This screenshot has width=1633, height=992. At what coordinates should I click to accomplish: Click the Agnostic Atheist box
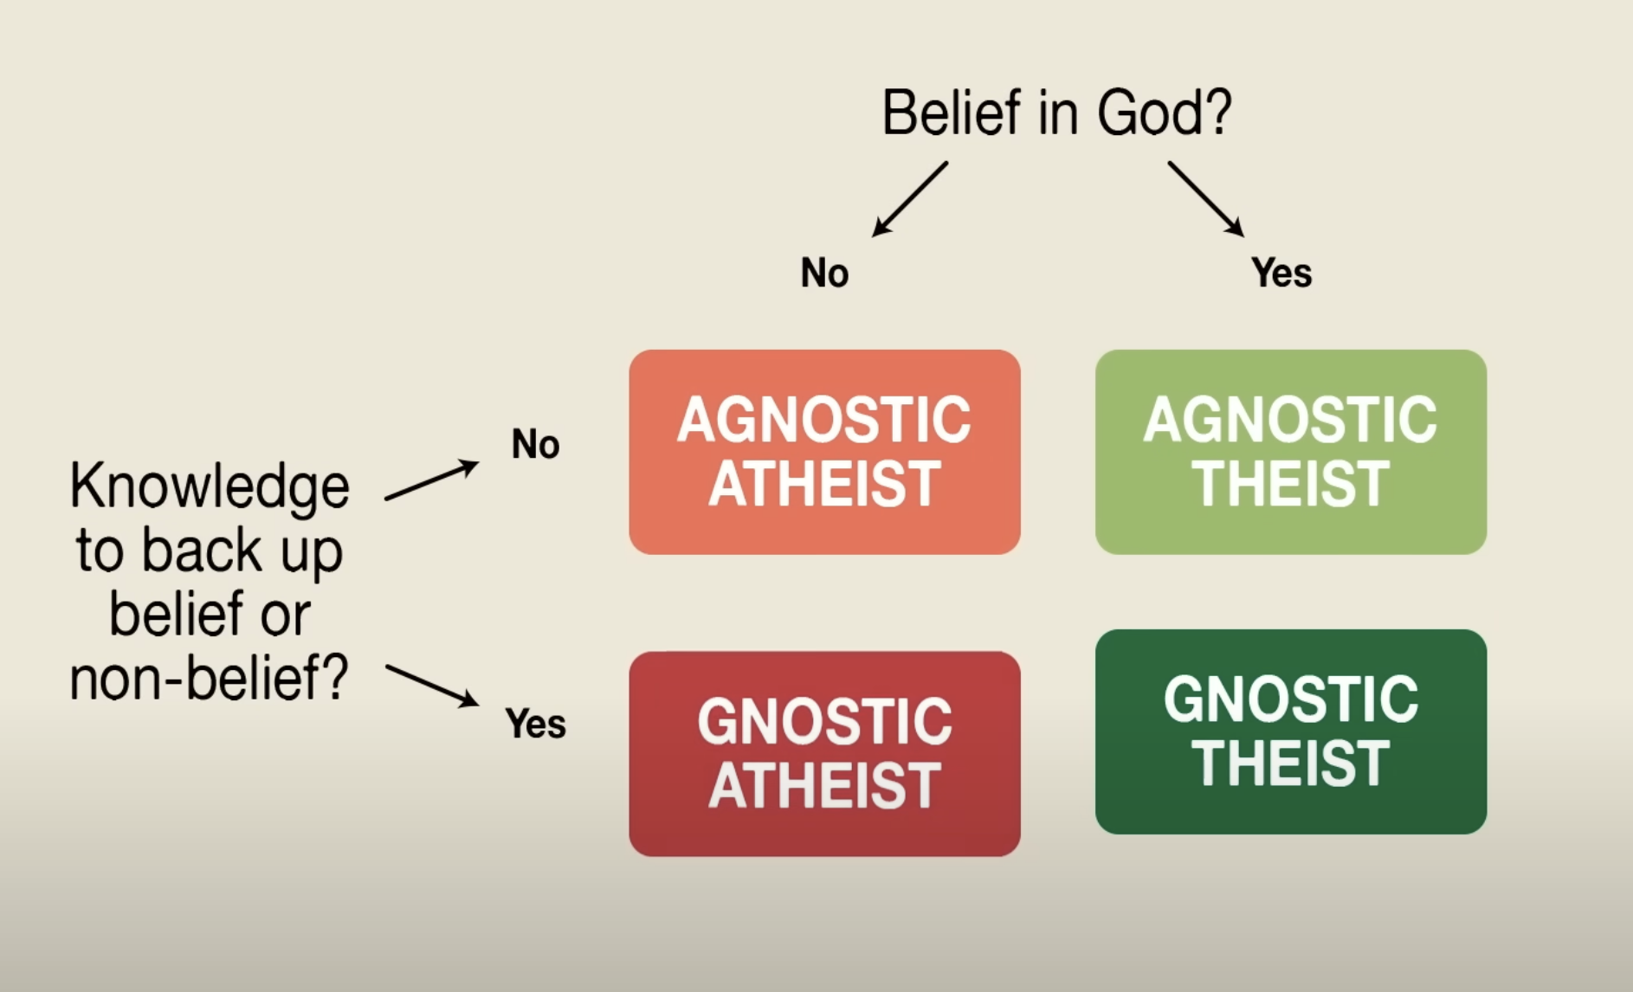824,452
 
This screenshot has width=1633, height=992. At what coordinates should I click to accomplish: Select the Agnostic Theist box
1291,452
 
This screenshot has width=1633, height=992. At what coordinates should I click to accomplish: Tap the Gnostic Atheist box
824,754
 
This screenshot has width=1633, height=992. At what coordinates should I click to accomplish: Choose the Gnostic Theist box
1291,731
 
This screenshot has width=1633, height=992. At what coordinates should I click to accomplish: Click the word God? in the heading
1165,113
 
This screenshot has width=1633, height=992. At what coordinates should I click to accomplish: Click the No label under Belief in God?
824,273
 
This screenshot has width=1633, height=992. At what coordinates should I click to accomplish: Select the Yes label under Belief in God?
1281,273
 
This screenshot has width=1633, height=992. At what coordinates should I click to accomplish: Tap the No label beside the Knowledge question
535,444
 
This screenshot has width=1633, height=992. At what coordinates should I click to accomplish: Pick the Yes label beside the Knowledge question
535,724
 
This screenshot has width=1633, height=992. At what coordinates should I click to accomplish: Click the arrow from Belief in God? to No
910,199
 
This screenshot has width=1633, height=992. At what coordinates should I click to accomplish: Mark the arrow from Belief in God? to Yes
1206,199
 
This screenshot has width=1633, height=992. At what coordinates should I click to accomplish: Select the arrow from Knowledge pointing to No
431,480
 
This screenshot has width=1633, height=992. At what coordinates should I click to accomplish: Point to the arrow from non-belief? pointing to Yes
432,686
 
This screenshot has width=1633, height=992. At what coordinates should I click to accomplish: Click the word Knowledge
210,486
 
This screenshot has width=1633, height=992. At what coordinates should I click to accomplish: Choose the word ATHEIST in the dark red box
824,786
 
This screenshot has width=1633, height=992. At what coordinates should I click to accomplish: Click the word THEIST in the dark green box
1291,763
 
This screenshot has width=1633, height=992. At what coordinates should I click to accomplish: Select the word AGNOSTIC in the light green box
1291,420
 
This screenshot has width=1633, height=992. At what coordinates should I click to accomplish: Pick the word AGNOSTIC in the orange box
824,420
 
